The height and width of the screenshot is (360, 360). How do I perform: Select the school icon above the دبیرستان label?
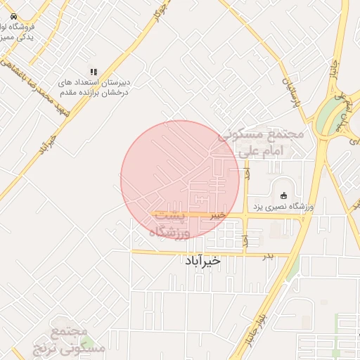click(93, 72)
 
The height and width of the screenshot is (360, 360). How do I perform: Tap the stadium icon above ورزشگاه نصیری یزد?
click(284, 195)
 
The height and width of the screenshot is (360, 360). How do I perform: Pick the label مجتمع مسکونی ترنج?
click(69, 339)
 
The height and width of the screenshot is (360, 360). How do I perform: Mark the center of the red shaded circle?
click(180, 180)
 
